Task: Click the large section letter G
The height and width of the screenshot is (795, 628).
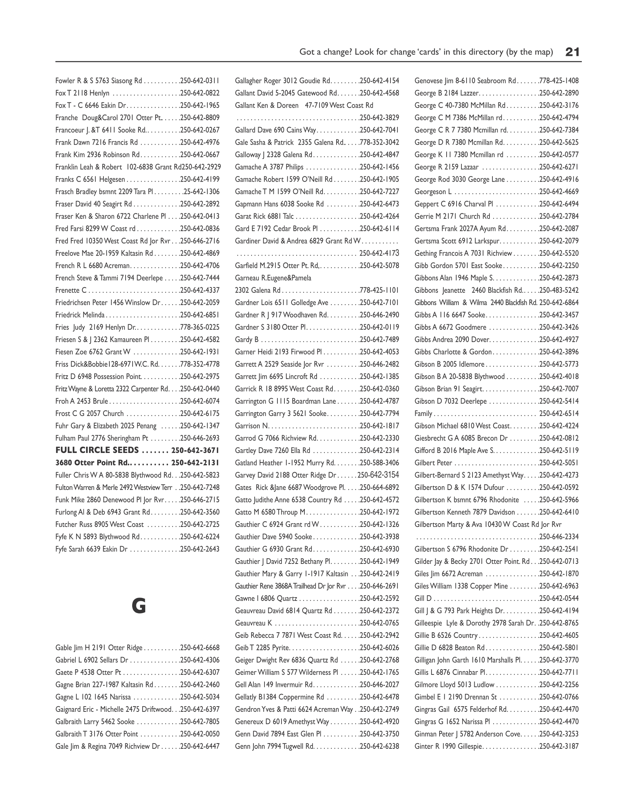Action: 139,606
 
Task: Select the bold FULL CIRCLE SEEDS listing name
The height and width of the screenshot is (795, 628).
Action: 97,450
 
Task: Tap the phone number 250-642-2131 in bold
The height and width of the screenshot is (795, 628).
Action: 195,463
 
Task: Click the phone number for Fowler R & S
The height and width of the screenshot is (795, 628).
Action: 199,81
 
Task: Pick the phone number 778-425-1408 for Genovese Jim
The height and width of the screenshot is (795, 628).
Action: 559,81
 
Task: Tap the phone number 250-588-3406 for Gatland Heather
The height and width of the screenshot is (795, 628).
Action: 379,463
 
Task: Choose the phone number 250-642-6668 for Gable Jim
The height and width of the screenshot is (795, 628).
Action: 199,647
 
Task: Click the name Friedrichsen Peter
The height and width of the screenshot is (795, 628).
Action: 81,302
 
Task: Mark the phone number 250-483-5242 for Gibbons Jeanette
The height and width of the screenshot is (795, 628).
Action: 559,290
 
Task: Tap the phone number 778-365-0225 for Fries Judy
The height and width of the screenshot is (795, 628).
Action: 199,327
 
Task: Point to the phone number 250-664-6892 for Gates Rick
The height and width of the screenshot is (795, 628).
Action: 379,487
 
